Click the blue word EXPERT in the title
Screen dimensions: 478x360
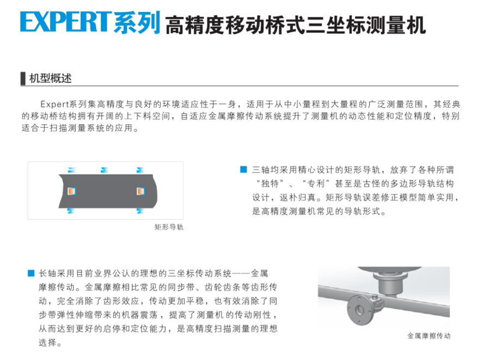[64, 21]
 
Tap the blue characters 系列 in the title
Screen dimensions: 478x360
[137, 22]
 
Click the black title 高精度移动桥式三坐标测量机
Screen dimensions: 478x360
[296, 25]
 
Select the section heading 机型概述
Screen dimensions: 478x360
[50, 78]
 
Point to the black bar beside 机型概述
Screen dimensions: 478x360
[23, 78]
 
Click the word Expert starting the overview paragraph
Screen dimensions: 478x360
[54, 105]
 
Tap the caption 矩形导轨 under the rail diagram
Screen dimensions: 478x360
[169, 227]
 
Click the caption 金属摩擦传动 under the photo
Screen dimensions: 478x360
[428, 336]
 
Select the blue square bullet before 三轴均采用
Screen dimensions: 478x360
[243, 169]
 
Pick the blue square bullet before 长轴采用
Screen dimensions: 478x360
[31, 273]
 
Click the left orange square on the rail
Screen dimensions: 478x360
[71, 191]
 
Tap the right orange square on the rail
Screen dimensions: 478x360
[140, 191]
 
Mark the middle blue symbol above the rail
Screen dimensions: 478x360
[105, 170]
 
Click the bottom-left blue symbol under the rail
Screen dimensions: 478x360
[71, 211]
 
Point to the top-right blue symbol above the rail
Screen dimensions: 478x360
[140, 170]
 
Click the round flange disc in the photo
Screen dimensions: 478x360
[359, 310]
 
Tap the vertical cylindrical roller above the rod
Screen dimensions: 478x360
[390, 284]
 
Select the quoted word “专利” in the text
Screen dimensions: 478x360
[316, 184]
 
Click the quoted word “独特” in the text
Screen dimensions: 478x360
[269, 184]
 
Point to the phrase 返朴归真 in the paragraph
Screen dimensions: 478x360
[298, 198]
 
